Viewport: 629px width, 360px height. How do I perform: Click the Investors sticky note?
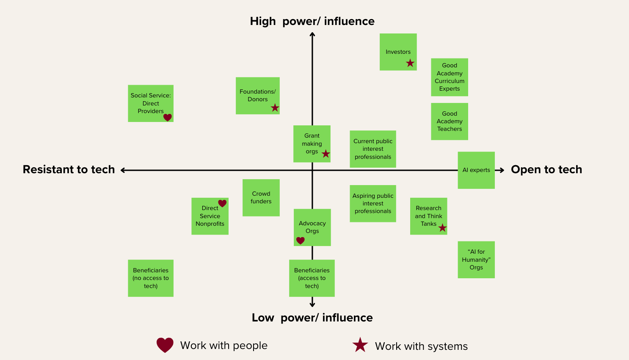tap(398, 52)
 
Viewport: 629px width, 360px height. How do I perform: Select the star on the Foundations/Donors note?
tap(275, 108)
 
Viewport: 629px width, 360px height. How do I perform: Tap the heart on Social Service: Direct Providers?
tap(168, 117)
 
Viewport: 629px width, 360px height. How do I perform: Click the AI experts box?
tap(476, 170)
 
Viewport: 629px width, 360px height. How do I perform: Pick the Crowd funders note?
tap(261, 197)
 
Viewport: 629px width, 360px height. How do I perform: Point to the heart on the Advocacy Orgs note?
tap(301, 241)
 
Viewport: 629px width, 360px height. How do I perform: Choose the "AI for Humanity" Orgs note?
tap(476, 260)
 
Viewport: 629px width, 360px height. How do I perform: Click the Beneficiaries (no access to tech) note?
tap(151, 278)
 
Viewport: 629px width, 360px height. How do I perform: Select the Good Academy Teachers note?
tap(450, 121)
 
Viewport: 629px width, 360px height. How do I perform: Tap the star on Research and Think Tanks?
tap(442, 228)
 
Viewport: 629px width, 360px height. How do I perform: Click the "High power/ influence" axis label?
tap(312, 21)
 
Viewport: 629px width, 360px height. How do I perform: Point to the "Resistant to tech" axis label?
tap(69, 169)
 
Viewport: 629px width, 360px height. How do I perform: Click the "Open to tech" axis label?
tap(546, 169)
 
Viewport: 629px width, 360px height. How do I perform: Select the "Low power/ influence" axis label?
tap(312, 318)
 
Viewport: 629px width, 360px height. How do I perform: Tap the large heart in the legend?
tap(165, 345)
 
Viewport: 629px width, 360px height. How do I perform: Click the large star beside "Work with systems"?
tap(360, 345)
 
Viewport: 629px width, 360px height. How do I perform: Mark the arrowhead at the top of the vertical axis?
tap(312, 35)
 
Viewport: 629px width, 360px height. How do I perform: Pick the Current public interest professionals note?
tap(373, 149)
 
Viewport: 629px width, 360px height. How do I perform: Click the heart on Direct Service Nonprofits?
tap(222, 203)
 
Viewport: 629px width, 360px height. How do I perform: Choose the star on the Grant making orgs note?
tap(326, 154)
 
